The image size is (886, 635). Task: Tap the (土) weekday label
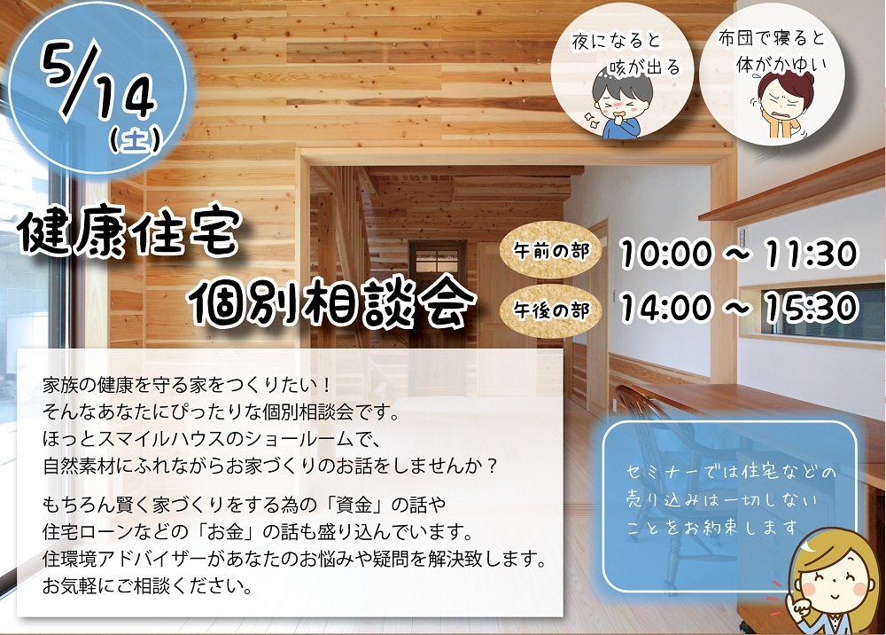(135, 139)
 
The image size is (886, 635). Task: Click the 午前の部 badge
(550, 250)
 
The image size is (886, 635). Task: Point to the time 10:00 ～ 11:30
(739, 253)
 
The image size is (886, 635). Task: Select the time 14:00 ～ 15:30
(739, 308)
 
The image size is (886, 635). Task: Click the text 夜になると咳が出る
(626, 54)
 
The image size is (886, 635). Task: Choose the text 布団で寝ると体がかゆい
(773, 51)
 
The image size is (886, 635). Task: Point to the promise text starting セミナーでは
(730, 500)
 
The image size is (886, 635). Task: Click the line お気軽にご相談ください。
(147, 586)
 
